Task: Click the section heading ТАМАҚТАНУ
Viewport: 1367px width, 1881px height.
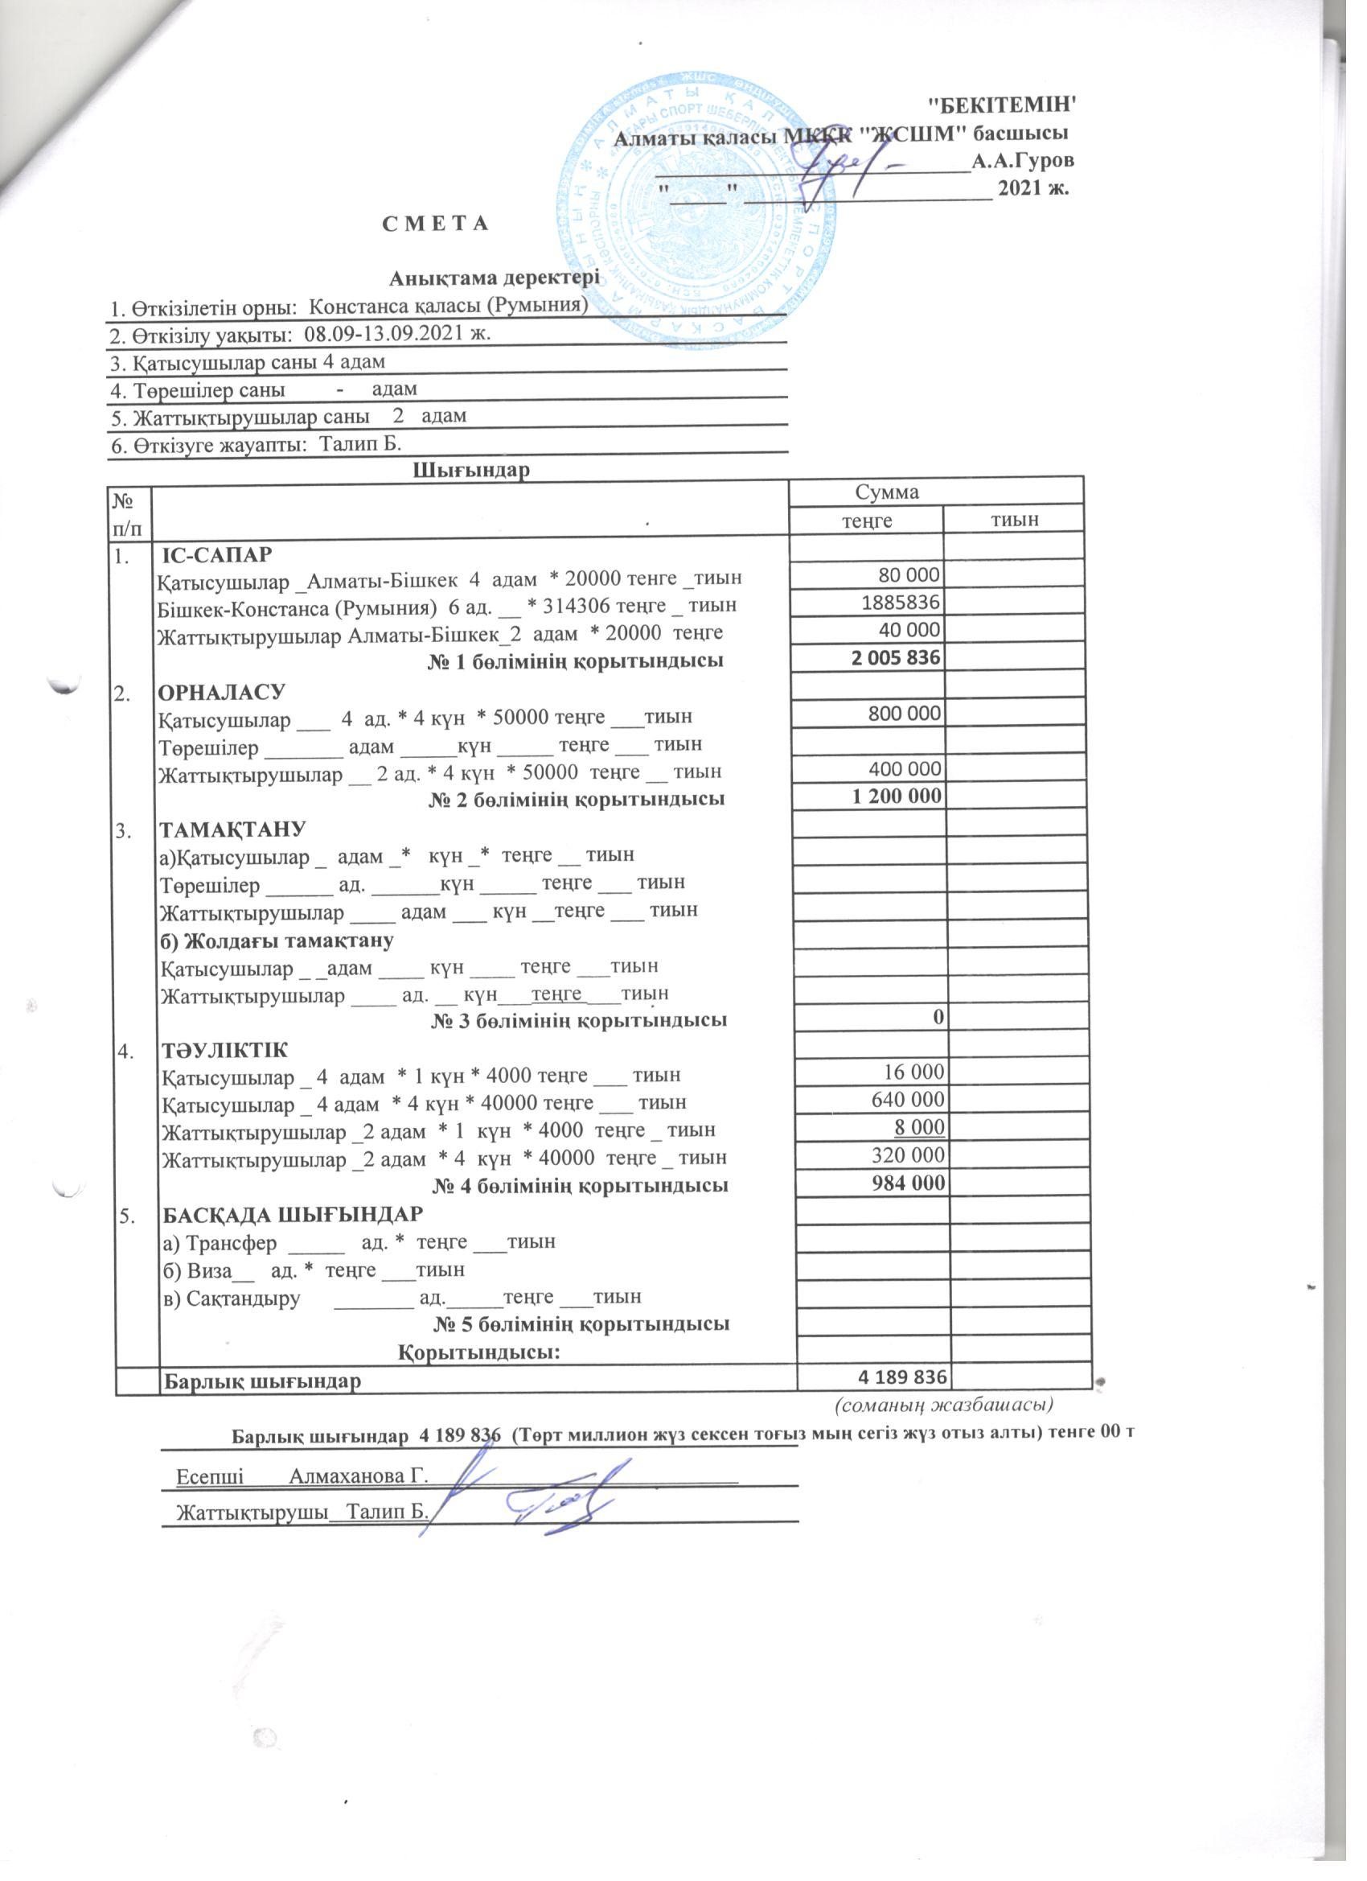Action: pos(233,828)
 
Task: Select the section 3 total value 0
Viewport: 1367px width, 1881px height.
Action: pos(939,1017)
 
